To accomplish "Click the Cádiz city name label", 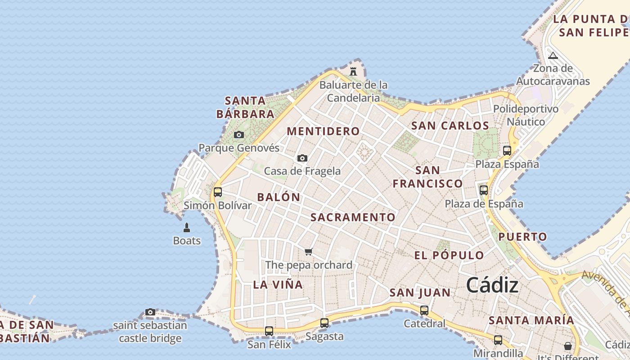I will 492,285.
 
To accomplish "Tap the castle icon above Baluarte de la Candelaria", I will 353,71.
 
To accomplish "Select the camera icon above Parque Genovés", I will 239,135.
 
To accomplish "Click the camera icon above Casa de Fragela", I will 302,158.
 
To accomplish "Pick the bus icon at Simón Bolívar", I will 218,192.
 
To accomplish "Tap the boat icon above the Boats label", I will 187,228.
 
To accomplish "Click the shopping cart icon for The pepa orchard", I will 308,252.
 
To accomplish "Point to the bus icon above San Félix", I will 269,331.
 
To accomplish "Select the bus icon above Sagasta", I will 324,323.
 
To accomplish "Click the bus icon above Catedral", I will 424,310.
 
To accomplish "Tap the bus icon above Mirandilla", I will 498,340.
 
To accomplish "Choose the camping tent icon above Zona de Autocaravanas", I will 553,55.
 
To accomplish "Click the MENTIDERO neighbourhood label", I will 323,131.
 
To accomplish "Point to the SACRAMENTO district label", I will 353,217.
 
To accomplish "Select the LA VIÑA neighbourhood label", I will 278,284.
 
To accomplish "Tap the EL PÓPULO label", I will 449,256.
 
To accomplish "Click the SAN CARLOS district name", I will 450,126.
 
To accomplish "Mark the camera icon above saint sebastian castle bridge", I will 150,312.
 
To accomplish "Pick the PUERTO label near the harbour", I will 523,237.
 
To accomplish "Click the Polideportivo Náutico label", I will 526,115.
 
